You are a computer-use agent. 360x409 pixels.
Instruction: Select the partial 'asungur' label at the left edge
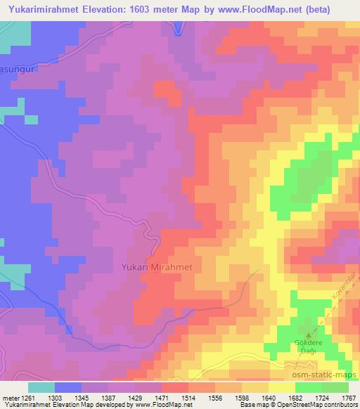(x=13, y=67)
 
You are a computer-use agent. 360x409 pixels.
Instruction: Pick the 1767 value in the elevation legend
(x=349, y=398)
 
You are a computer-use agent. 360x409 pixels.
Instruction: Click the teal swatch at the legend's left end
(x=41, y=387)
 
